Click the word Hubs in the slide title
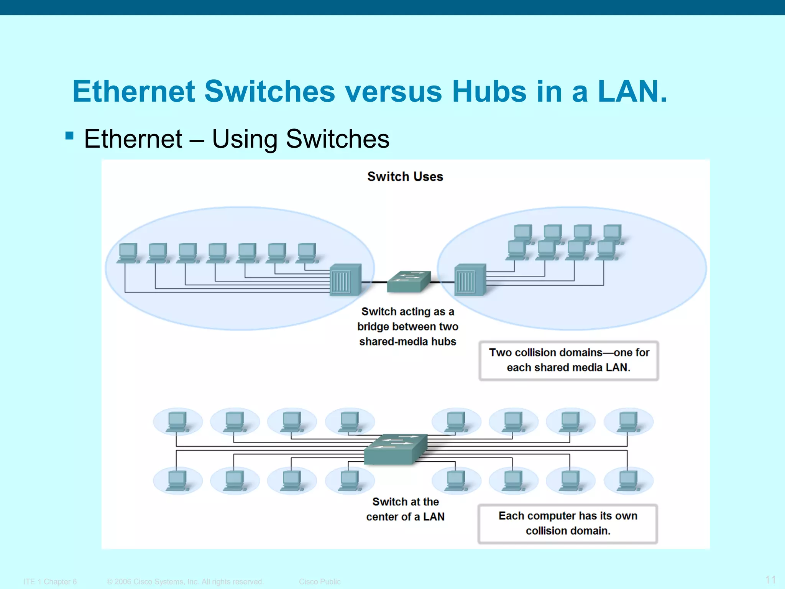(489, 91)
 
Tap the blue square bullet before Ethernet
(69, 135)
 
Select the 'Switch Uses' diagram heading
(405, 176)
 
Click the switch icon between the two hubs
(409, 281)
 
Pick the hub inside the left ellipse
(345, 280)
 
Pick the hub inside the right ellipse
(470, 280)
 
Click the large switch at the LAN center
(396, 449)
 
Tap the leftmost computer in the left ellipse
(128, 253)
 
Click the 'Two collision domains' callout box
(568, 360)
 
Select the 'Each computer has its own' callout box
(568, 523)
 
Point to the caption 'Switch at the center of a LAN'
(405, 509)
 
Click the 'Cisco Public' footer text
(319, 582)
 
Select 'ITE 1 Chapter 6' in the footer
(50, 582)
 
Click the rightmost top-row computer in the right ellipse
(612, 233)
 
